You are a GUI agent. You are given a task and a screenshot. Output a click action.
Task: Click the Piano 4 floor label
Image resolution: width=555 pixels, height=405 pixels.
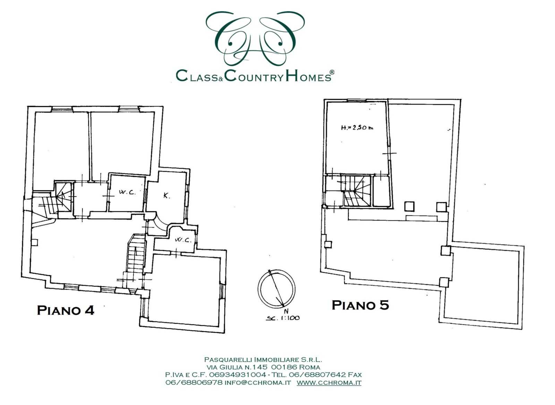pyautogui.click(x=66, y=310)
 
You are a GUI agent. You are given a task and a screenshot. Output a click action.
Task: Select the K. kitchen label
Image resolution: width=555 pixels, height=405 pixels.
pyautogui.click(x=167, y=196)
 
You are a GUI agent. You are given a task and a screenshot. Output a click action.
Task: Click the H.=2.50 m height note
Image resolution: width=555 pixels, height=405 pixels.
pyautogui.click(x=357, y=128)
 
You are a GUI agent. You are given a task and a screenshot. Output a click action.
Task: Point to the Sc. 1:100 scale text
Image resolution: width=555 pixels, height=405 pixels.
pyautogui.click(x=283, y=318)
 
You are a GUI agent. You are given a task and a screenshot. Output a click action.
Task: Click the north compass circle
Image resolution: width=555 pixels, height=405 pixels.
pyautogui.click(x=276, y=289)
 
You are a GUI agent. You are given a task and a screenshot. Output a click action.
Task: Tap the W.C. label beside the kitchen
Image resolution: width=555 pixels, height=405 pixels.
pyautogui.click(x=127, y=193)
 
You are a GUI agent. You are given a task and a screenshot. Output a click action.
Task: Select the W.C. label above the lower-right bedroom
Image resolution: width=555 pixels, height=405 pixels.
pyautogui.click(x=183, y=240)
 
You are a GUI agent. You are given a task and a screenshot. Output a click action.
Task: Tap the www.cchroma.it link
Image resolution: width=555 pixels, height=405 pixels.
pyautogui.click(x=329, y=382)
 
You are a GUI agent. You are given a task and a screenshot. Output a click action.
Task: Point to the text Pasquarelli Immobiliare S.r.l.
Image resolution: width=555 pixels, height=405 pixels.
pyautogui.click(x=263, y=359)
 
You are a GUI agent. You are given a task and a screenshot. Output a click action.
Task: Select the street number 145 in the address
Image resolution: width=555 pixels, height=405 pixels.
pyautogui.click(x=259, y=367)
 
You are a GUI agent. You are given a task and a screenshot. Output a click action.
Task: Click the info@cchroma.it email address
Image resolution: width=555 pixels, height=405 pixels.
pyautogui.click(x=258, y=382)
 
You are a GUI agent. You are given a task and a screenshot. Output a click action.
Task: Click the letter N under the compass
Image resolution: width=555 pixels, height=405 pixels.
pyautogui.click(x=286, y=311)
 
